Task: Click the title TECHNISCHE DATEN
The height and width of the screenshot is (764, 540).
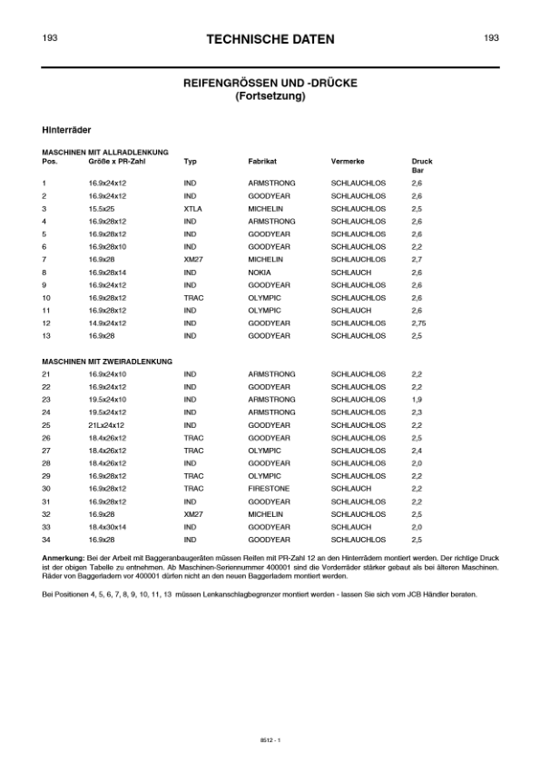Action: click(x=270, y=39)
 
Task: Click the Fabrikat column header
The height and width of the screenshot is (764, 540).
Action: click(x=262, y=161)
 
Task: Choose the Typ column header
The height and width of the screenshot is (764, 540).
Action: click(x=190, y=161)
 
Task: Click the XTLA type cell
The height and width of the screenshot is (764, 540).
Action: click(x=192, y=208)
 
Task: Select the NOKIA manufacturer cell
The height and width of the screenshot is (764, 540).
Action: click(x=260, y=272)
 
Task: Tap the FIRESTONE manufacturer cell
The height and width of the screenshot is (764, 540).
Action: click(x=268, y=489)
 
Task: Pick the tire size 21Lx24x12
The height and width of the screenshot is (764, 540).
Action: click(x=107, y=425)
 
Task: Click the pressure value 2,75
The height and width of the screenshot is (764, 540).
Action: click(x=418, y=322)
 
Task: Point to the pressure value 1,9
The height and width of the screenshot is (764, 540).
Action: click(x=417, y=400)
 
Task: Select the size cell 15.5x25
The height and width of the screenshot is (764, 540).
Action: click(x=102, y=208)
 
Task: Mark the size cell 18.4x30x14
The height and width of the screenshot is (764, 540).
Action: click(x=107, y=527)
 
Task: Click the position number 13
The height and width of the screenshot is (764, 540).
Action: click(x=46, y=335)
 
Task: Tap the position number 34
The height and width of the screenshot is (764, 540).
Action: click(x=46, y=540)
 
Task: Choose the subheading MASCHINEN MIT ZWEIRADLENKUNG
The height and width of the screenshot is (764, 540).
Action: click(x=106, y=362)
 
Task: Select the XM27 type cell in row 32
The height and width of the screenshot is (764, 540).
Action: click(x=192, y=514)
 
